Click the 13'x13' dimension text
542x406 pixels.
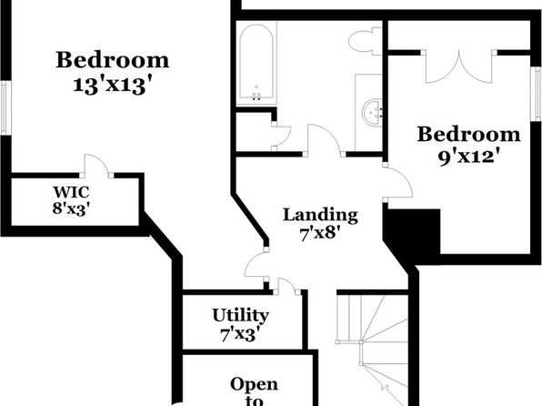pos(113,85)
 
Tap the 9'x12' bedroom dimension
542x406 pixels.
pos(470,157)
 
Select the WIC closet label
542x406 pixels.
pos(71,192)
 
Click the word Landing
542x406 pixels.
pos(320,215)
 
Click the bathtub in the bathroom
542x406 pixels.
pos(256,63)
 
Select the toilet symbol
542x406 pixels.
pos(365,42)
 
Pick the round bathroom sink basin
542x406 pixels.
pos(372,112)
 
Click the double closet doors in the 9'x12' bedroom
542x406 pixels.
pos(459,66)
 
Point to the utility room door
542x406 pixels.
pos(286,286)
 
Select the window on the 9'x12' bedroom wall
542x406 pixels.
pos(537,94)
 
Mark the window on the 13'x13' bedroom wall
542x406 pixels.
pos(5,108)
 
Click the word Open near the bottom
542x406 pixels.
pos(254,384)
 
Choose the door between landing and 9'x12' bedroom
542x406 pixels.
pos(397,181)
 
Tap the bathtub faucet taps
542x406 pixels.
pos(256,96)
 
